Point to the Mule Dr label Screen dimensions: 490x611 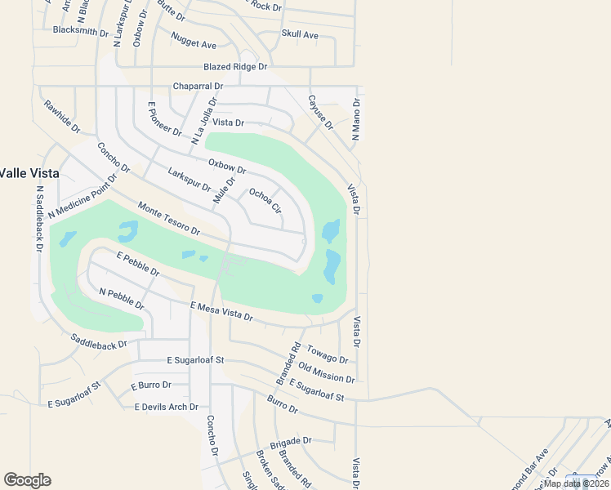pos(224,191)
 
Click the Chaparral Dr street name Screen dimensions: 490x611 pos(198,86)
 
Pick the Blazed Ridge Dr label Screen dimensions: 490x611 pos(235,67)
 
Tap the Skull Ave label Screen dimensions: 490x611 pos(300,34)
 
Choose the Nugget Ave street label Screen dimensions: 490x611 pos(194,41)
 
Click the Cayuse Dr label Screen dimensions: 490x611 pos(320,112)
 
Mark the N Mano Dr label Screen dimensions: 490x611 pos(356,119)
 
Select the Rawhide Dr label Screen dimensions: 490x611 pos(62,117)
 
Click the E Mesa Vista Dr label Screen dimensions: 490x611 pos(221,310)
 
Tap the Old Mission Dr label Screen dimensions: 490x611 pos(327,373)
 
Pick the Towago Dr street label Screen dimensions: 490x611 pos(328,354)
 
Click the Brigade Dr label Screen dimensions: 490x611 pos(295,439)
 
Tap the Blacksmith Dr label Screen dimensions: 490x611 pos(80,31)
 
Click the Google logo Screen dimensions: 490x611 pos(27,480)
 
